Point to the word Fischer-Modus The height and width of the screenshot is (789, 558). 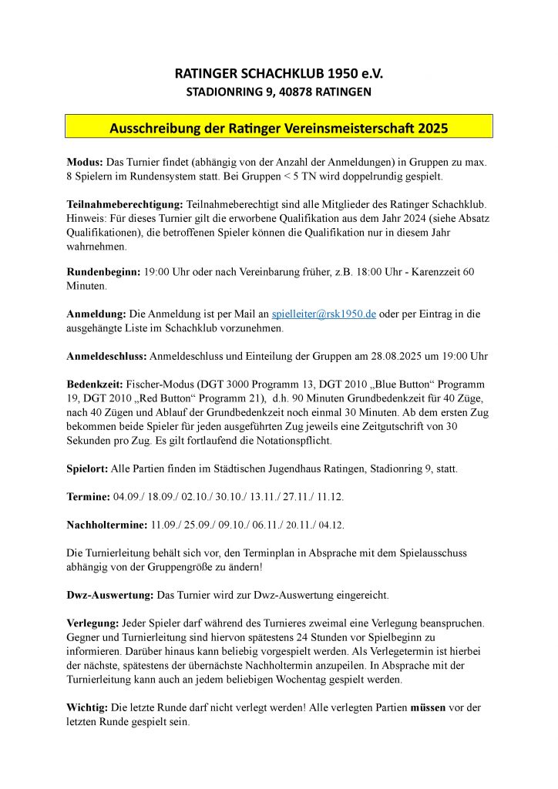click(x=169, y=383)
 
